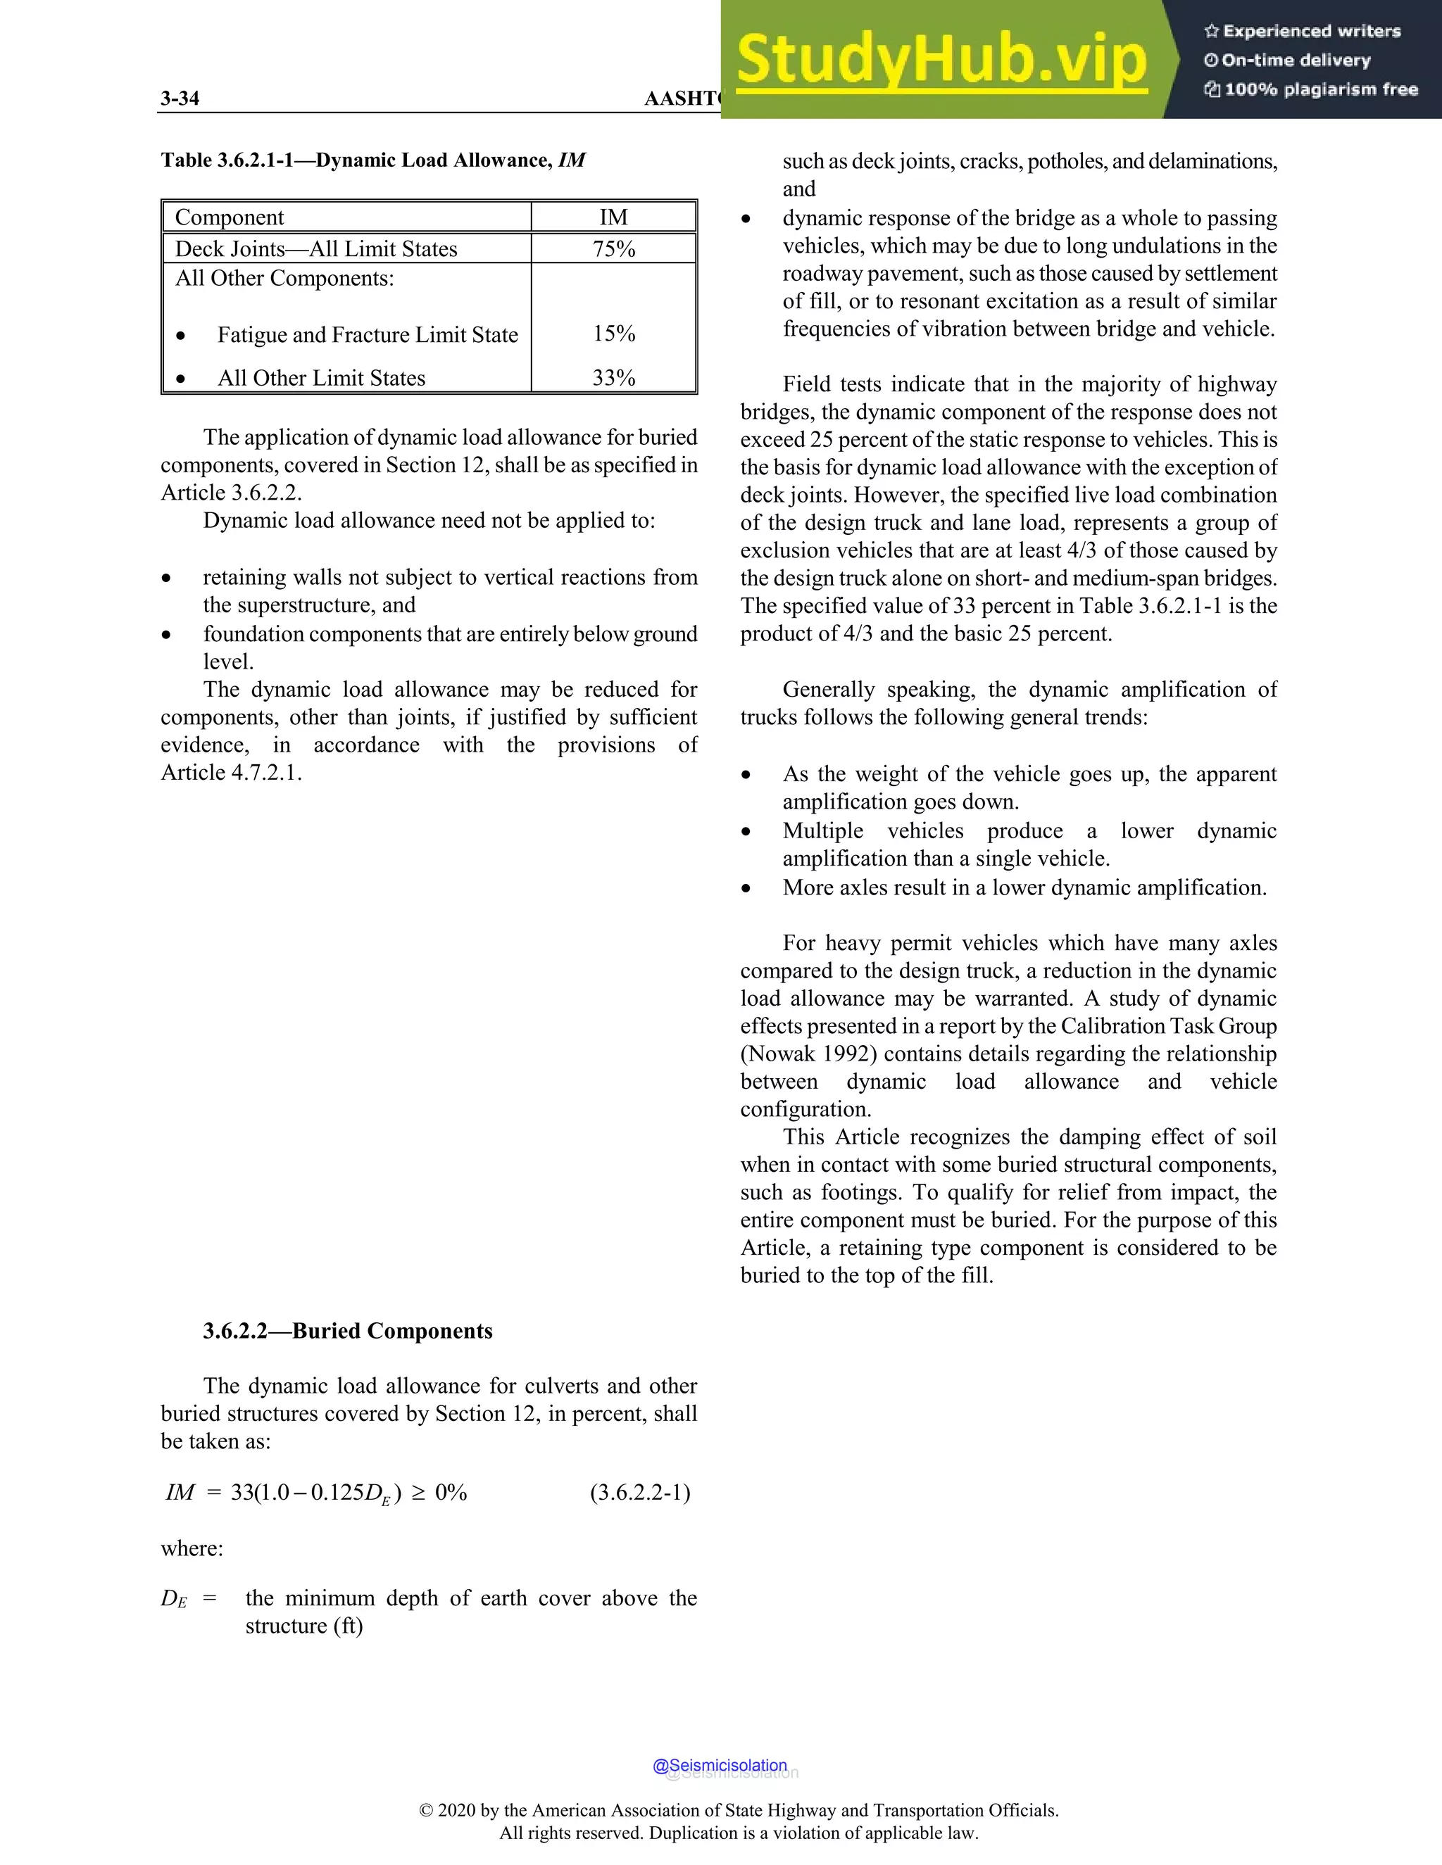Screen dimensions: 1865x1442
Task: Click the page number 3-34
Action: (x=180, y=99)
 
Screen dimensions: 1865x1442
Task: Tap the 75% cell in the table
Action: (x=613, y=248)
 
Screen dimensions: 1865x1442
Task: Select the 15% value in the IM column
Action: (x=613, y=334)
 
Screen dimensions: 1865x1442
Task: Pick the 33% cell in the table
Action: (x=613, y=377)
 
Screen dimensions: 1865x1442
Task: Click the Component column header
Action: (x=229, y=217)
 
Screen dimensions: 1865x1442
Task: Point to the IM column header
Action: (x=613, y=217)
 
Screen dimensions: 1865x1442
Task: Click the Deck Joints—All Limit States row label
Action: (x=316, y=248)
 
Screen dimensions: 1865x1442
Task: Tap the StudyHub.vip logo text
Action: (x=941, y=60)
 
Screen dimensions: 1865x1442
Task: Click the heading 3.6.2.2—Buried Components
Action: (x=348, y=1332)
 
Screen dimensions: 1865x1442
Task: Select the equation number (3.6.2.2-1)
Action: (x=640, y=1493)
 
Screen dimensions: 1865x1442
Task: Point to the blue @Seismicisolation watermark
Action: (x=720, y=1765)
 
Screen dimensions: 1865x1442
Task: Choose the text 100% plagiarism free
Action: (x=1321, y=89)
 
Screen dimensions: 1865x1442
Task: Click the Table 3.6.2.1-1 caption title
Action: (x=372, y=160)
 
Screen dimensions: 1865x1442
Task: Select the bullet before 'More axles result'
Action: (x=746, y=888)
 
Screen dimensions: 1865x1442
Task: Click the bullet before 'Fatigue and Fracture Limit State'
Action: (x=180, y=336)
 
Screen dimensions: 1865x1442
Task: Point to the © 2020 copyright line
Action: (x=738, y=1810)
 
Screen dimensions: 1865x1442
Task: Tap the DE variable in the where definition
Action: (x=173, y=1598)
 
